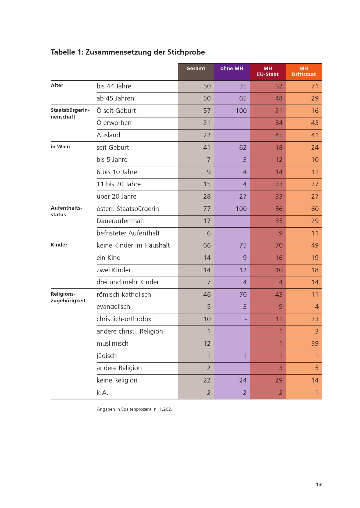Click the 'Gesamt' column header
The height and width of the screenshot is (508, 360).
pyautogui.click(x=195, y=69)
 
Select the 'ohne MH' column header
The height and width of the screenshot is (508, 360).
pyautogui.click(x=231, y=69)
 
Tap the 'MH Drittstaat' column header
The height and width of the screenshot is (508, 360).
pyautogui.click(x=304, y=71)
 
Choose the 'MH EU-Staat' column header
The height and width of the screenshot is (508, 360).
pyautogui.click(x=268, y=71)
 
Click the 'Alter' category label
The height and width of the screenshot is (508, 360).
pyautogui.click(x=57, y=85)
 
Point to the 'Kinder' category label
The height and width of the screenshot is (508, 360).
pyautogui.click(x=59, y=245)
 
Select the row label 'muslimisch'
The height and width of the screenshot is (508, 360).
pyautogui.click(x=112, y=344)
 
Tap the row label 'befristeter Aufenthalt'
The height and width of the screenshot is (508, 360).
pyautogui.click(x=128, y=233)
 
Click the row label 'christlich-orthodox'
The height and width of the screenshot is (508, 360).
pyautogui.click(x=124, y=319)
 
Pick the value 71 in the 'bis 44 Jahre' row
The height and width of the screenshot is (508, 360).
pyautogui.click(x=315, y=86)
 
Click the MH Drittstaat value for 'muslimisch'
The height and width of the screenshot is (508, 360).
pyautogui.click(x=315, y=344)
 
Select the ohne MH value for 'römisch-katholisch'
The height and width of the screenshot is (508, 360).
pyautogui.click(x=243, y=295)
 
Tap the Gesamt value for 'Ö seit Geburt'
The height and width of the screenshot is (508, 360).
pyautogui.click(x=207, y=111)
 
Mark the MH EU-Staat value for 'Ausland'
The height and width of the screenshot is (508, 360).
pyautogui.click(x=279, y=135)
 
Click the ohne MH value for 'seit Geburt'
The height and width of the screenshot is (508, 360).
pyautogui.click(x=243, y=148)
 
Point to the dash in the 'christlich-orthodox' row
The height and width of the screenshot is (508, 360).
pyautogui.click(x=245, y=319)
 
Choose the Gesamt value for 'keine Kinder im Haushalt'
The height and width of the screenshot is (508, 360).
pyautogui.click(x=207, y=245)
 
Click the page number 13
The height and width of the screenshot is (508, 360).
pyautogui.click(x=319, y=484)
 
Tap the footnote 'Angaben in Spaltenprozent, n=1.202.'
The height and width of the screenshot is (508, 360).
pyautogui.click(x=134, y=409)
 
